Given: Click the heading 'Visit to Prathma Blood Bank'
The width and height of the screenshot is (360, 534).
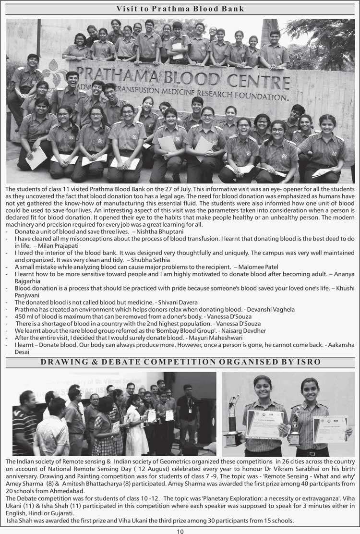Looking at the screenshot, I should click(x=180, y=9).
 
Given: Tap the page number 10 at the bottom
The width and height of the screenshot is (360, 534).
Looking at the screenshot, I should click(x=180, y=531).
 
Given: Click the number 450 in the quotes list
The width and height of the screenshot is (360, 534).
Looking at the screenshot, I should click(x=21, y=316).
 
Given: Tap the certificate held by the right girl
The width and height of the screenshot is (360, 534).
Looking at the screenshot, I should click(x=330, y=428).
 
